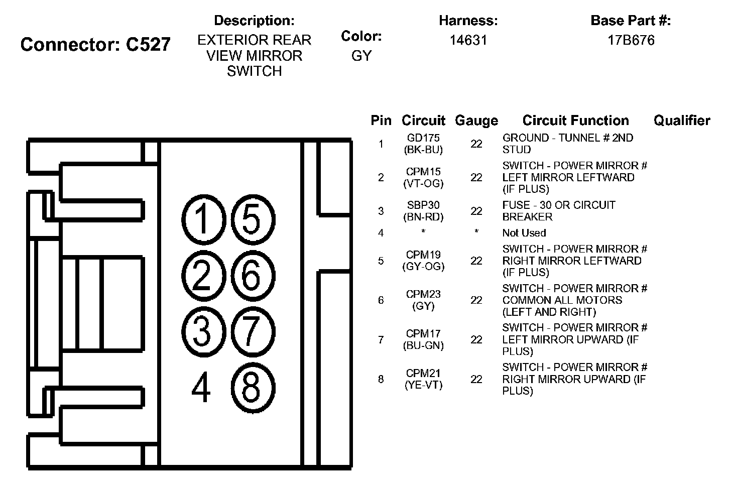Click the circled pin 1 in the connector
tap(203, 219)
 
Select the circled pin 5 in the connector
tap(252, 219)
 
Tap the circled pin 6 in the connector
tap(252, 275)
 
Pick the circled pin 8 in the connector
tap(252, 387)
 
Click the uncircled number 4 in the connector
tap(201, 388)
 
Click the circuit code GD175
tap(423, 138)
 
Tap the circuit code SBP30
tap(423, 205)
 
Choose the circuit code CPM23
tap(423, 294)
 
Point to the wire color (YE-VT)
tap(423, 385)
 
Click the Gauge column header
tap(476, 120)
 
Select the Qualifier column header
tap(681, 120)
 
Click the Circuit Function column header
tap(575, 120)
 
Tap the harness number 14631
tap(468, 40)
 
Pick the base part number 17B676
tap(631, 40)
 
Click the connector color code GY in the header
tap(361, 56)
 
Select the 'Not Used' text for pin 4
tap(524, 233)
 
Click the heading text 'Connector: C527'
tap(95, 44)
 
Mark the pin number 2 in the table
tap(381, 177)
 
